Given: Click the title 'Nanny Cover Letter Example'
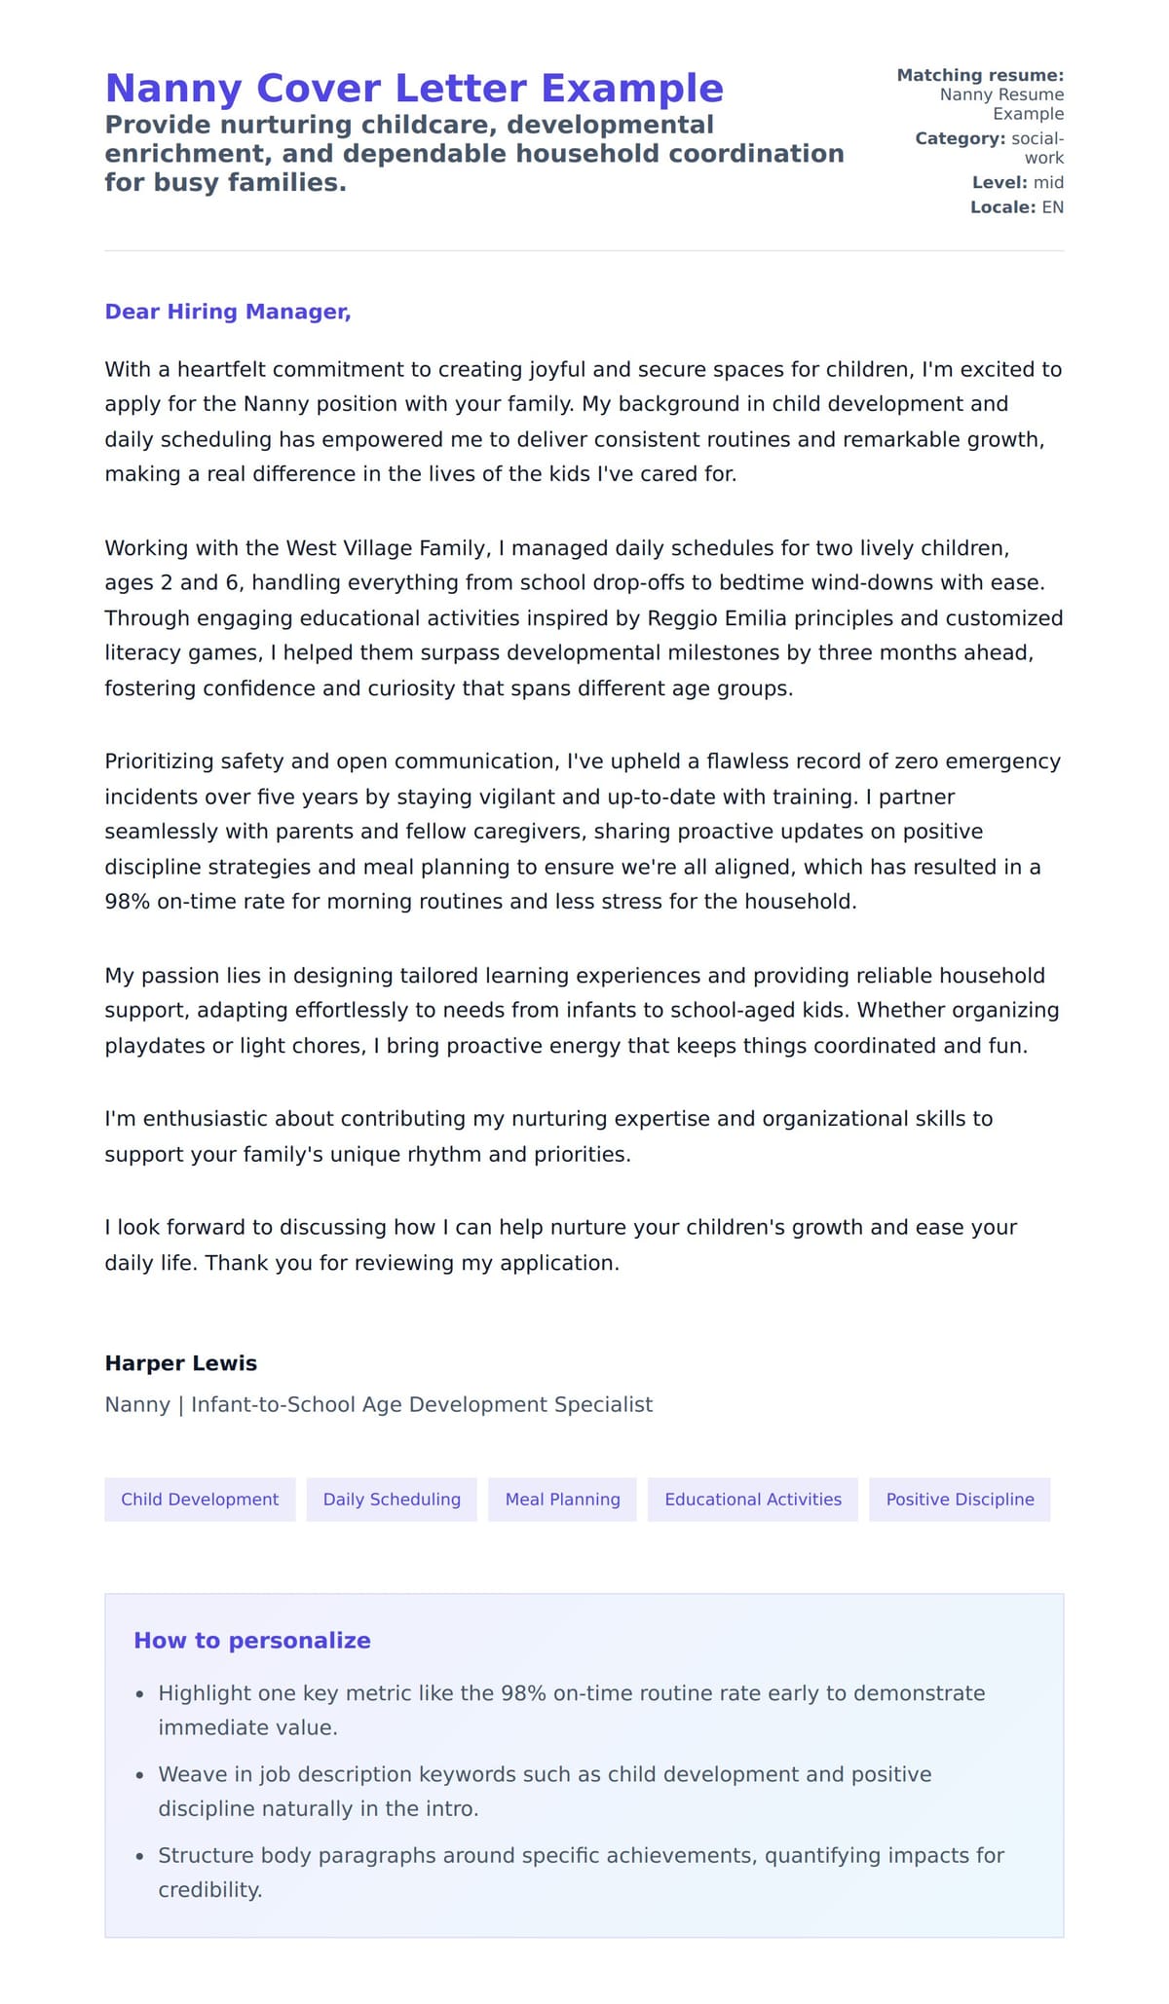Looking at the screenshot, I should [x=414, y=89].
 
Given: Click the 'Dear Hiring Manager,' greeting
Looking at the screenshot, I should [x=227, y=312].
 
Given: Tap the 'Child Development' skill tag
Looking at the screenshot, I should [x=200, y=1500].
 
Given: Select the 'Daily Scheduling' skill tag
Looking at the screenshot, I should [x=392, y=1500].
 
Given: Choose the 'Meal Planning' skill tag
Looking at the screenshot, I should [x=562, y=1500].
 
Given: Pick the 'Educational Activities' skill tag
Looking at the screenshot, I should [x=752, y=1500].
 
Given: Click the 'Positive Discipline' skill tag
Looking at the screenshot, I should [x=960, y=1500].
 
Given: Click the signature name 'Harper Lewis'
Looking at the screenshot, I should [x=181, y=1363].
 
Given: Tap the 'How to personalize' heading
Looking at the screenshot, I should [x=252, y=1641].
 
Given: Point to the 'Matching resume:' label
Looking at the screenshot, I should [x=979, y=75].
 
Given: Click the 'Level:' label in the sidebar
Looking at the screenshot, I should [x=999, y=183].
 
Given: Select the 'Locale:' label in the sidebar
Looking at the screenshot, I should [x=1002, y=207].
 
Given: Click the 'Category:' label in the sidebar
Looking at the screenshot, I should [x=960, y=139].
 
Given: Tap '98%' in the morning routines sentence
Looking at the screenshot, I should [x=128, y=902].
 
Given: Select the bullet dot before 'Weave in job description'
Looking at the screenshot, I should [x=140, y=1776].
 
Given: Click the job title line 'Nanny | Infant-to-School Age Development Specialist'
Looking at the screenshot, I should [x=378, y=1405].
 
